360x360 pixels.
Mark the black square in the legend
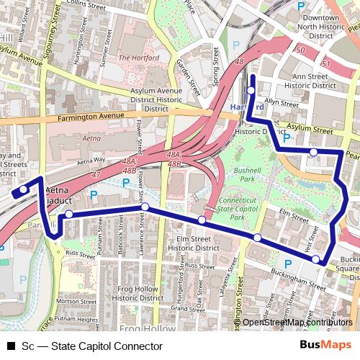click(x=11, y=346)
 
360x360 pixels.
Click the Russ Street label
click(x=74, y=253)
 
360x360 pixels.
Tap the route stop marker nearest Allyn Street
click(x=251, y=91)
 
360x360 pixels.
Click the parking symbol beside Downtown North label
click(x=300, y=5)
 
